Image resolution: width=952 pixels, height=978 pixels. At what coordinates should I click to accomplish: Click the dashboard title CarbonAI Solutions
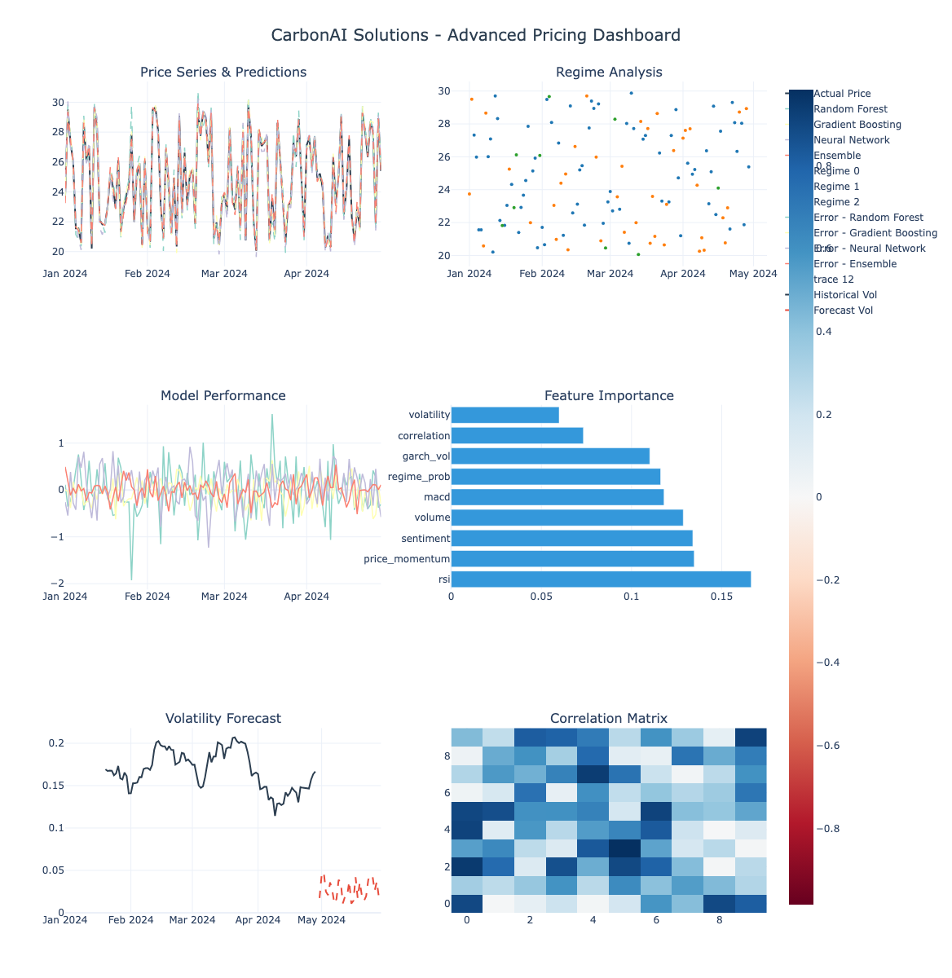pos(475,35)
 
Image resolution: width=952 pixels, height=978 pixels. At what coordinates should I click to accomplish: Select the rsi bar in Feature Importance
pos(601,579)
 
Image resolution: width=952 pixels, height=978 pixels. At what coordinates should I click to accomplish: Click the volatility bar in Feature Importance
pos(505,415)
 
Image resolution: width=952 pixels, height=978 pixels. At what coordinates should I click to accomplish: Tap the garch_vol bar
pos(550,456)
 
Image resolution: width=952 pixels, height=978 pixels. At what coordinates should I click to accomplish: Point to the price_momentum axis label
pos(407,559)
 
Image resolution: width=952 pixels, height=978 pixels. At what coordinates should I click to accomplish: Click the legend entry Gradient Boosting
pos(857,125)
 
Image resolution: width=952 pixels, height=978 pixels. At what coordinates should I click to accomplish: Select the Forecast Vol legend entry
pos(843,311)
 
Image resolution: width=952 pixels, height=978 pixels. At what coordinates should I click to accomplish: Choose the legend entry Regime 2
pos(836,202)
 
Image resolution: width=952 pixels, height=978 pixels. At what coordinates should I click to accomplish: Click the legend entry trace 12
pos(833,280)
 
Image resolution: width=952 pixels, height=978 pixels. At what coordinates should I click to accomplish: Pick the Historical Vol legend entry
pos(845,295)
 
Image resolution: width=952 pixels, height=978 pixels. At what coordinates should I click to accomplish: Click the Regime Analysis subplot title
pos(609,72)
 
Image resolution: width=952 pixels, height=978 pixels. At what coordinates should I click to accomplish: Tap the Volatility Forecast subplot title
pos(223,718)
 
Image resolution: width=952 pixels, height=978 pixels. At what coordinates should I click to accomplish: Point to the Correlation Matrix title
pos(609,718)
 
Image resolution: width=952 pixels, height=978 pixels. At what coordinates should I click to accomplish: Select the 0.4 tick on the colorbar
pos(823,332)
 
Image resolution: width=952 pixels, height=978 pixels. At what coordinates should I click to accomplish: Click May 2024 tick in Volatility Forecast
pos(321,920)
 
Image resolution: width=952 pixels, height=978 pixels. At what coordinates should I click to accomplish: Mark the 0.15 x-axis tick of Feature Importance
pos(721,597)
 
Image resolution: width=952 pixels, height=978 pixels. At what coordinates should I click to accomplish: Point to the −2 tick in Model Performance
pos(55,584)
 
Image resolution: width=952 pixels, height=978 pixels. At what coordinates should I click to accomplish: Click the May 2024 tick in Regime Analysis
pos(752,274)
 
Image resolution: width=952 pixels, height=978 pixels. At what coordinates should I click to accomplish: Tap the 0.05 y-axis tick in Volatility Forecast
pos(55,870)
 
